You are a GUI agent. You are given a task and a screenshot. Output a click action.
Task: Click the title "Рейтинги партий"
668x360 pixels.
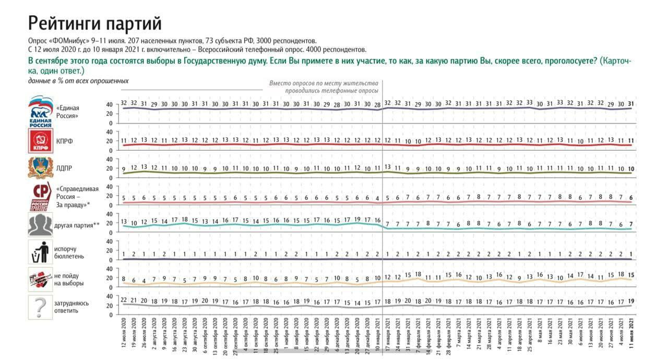94,23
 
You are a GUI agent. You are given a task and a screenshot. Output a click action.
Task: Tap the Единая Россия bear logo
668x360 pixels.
40,111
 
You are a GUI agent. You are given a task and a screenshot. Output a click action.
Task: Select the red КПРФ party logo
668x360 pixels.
40,141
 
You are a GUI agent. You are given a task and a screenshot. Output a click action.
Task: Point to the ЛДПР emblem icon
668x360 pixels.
40,169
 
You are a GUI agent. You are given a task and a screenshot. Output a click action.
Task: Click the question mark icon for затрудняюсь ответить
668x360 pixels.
40,306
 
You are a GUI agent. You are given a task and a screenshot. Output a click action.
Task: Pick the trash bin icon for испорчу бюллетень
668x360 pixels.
40,252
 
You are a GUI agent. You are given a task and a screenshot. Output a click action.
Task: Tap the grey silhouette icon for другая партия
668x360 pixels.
40,225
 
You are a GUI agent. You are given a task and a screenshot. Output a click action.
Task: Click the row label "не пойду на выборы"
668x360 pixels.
68,279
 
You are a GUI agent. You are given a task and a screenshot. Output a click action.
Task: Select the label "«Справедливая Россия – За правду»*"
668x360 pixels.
73,197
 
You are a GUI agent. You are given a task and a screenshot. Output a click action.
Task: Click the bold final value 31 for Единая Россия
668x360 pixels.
631,103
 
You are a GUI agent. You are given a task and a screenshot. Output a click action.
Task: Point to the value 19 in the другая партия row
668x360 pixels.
357,219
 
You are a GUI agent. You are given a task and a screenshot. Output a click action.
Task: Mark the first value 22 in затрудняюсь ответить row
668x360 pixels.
124,300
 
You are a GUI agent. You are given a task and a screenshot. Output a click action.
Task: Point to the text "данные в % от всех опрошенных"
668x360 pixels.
78,81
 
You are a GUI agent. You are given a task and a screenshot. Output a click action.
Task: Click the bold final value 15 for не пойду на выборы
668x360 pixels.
631,275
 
